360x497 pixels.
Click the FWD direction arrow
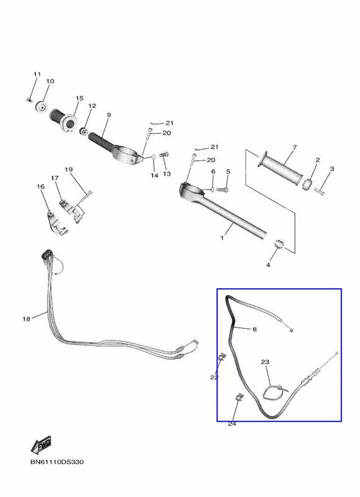41,445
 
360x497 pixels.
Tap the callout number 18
26,319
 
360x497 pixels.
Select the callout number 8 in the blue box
254,330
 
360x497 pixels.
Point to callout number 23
265,362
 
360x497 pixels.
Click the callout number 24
232,424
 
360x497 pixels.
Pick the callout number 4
268,265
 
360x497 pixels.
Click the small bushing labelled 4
279,245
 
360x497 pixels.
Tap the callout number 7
295,147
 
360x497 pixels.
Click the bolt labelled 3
320,191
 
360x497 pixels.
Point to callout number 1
222,237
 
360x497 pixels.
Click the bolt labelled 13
164,155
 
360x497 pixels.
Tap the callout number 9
109,115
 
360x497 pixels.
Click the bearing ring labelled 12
84,130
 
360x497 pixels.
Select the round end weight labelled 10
41,106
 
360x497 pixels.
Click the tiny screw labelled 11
29,100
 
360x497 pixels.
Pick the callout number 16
40,187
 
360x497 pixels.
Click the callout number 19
69,170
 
